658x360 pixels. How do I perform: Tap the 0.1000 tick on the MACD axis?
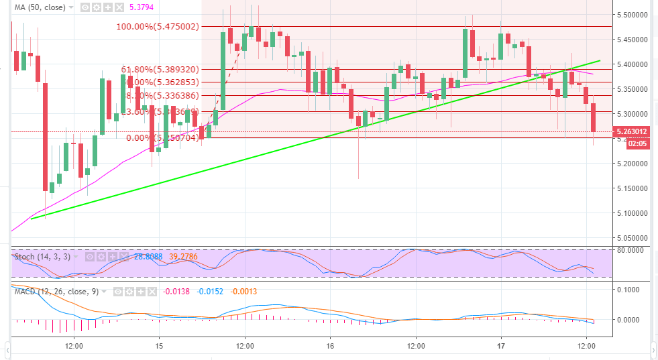pyautogui.click(x=635, y=290)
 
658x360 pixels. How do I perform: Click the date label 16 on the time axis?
pyautogui.click(x=330, y=346)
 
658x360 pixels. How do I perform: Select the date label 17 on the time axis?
pyautogui.click(x=501, y=346)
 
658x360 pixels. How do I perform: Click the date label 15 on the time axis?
pyautogui.click(x=159, y=346)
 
